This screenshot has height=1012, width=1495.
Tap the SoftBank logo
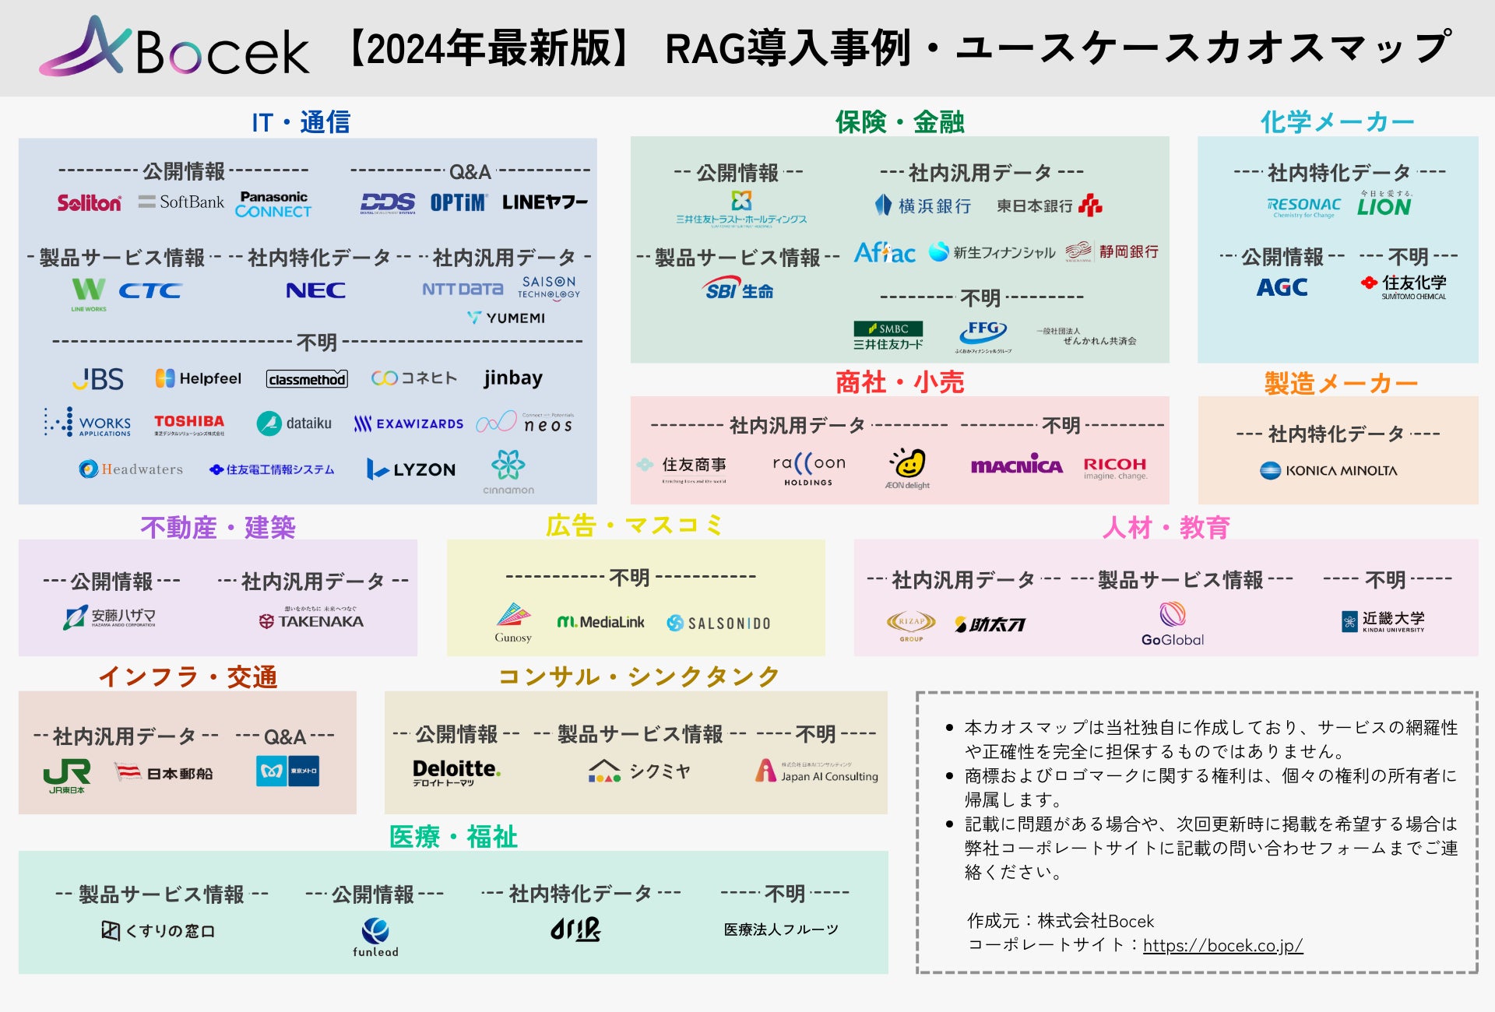coord(181,202)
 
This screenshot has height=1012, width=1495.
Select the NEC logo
coord(315,290)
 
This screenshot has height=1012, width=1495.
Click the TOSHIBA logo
coord(189,423)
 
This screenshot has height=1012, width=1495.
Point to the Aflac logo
coord(885,253)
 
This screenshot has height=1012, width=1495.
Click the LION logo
coord(1384,206)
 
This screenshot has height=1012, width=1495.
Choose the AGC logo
coord(1282,288)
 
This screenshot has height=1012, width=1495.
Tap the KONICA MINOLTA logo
coord(1328,470)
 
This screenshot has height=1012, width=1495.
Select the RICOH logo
coord(1115,467)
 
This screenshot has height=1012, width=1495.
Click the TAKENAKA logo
coord(311,621)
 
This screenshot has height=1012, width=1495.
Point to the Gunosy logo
coord(513,623)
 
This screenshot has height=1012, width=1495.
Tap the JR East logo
coord(67,775)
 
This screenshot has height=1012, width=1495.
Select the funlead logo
coord(375,936)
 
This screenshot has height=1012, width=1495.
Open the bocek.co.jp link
coord(1222,945)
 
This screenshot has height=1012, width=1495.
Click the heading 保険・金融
coord(899,121)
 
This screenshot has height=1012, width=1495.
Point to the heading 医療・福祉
coord(453,837)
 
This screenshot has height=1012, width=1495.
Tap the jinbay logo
coord(512,378)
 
